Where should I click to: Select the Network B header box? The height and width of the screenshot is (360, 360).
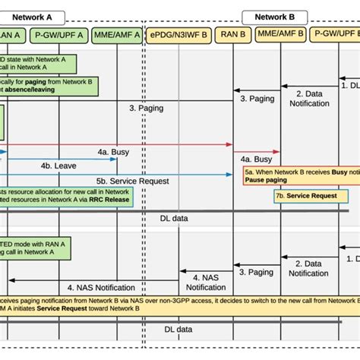274,15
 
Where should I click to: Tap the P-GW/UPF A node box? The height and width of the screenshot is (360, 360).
62,34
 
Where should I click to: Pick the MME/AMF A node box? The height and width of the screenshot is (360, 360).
116,34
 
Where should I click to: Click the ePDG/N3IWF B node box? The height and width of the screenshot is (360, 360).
178,34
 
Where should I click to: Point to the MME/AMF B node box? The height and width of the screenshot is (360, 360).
281,34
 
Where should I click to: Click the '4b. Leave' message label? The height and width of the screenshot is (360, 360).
58,164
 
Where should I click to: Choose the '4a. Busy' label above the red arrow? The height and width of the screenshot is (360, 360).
112,153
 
